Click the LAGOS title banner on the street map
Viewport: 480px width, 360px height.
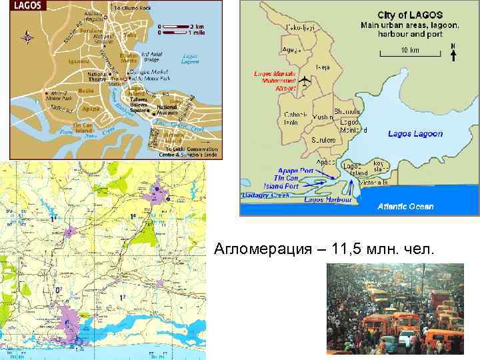tap(26, 5)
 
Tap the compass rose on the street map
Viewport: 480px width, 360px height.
tap(27, 37)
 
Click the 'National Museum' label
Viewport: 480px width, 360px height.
tap(166, 109)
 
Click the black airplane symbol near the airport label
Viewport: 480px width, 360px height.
tap(306, 81)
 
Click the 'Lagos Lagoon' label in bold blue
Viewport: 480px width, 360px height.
tap(415, 133)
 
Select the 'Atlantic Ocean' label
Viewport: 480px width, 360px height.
tap(405, 206)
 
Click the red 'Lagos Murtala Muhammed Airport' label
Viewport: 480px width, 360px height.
tap(275, 81)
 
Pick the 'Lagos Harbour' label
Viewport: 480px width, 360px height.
tap(328, 199)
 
